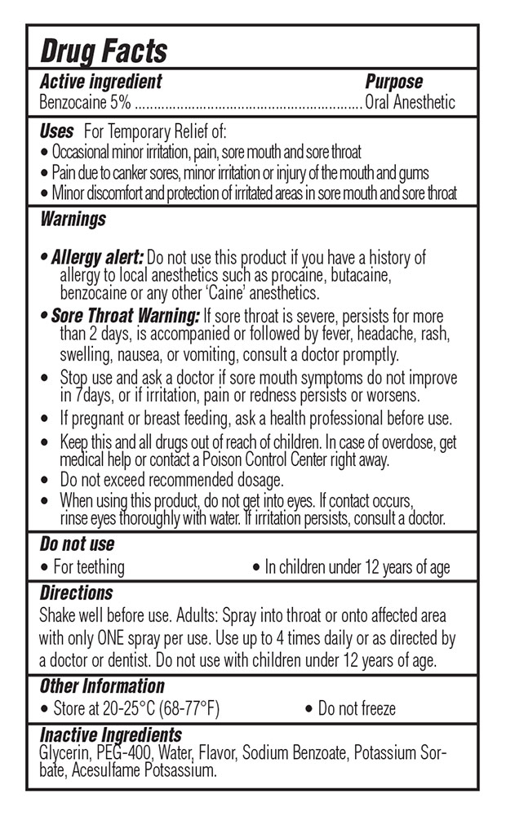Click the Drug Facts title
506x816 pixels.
coord(104,51)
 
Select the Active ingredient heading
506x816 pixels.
coord(100,82)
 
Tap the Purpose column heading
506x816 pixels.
coord(393,82)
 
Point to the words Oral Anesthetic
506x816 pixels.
coord(410,103)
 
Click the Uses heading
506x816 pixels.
coord(56,131)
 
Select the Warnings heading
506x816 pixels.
coord(73,219)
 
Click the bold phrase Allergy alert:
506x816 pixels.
coord(97,258)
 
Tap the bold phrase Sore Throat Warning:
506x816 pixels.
coord(125,316)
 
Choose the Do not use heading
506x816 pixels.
coord(77,544)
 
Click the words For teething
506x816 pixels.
coord(89,566)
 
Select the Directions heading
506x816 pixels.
coord(76,593)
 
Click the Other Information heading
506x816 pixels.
coord(102,686)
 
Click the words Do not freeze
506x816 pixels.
coord(357,707)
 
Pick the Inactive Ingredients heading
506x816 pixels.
coord(110,735)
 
